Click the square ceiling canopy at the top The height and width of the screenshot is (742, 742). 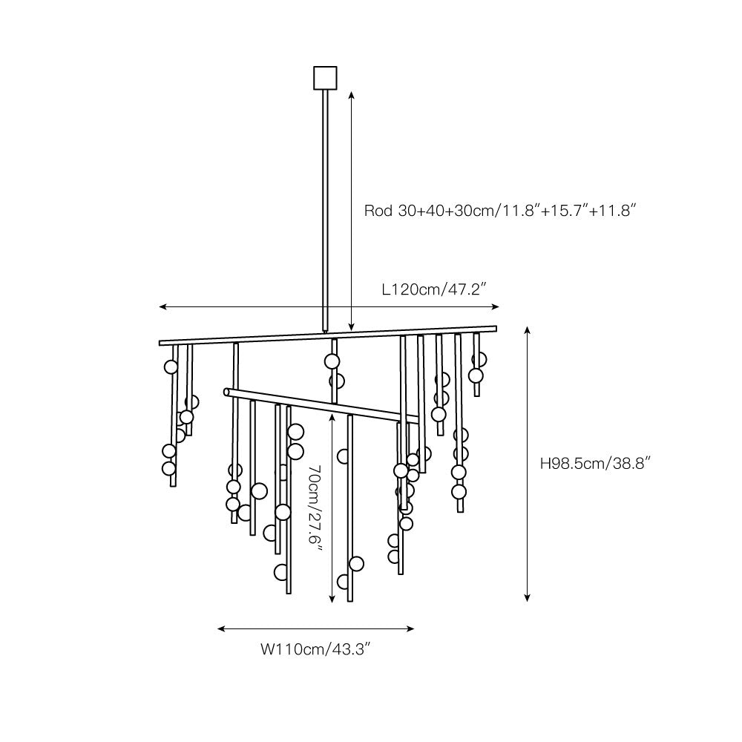(325, 77)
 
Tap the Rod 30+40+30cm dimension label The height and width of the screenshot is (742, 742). (501, 211)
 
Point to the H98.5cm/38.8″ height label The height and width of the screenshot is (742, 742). (596, 463)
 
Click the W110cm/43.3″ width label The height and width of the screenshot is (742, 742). (315, 650)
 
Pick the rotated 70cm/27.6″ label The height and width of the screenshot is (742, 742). (315, 508)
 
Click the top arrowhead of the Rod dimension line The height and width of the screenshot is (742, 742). (352, 95)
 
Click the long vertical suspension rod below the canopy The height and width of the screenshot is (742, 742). (325, 208)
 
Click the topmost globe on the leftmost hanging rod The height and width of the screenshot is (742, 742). (171, 367)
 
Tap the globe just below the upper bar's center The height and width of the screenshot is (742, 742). (331, 361)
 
